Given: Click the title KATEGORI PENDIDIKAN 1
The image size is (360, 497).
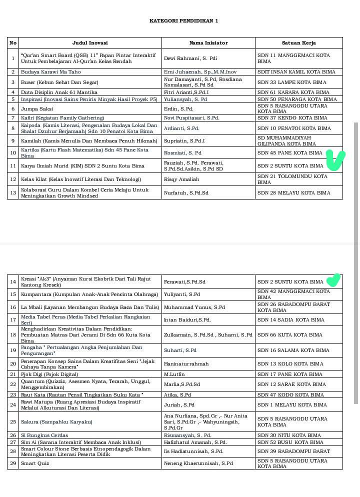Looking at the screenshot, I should coord(183,21).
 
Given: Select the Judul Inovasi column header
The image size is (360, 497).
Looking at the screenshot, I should coord(90,43).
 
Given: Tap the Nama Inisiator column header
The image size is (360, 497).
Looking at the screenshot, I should coord(208,43).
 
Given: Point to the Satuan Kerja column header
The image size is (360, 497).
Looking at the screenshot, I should coord(298,43).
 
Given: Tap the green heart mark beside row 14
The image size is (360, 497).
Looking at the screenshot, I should coord(333,280).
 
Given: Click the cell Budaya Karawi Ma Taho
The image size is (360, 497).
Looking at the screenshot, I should coord(50,72).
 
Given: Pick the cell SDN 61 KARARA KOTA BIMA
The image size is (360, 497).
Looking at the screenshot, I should coord(291,92).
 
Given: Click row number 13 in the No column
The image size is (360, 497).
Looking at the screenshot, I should coord(13,192).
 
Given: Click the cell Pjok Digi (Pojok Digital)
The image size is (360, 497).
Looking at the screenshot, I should coord(49,374).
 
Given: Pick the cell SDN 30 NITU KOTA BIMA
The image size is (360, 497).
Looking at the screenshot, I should coord(289,435).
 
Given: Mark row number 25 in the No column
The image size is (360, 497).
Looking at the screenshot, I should coord(13,421).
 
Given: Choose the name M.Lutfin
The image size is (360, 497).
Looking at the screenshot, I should coord(174,374).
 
